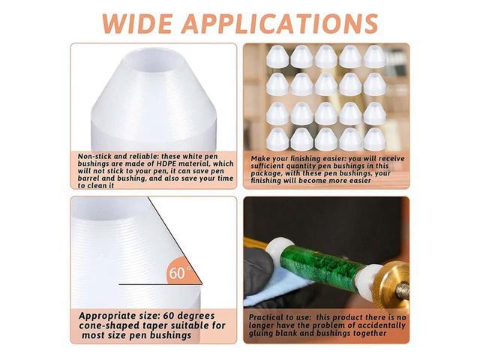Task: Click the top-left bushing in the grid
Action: coord(278,56)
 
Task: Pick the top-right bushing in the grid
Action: coord(373,56)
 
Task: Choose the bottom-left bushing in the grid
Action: coord(278,138)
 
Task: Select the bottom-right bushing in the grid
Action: coord(373,138)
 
